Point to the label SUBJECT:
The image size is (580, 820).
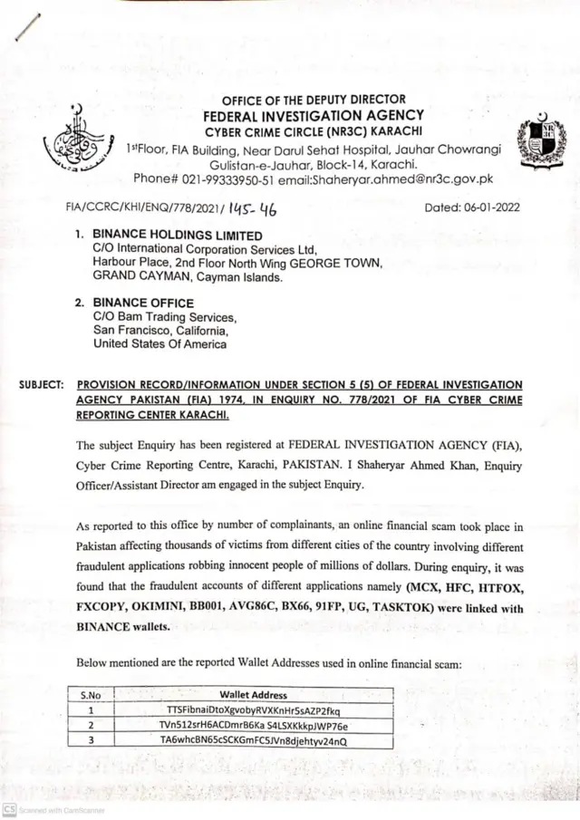pos(41,385)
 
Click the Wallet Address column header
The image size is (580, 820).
pos(253,695)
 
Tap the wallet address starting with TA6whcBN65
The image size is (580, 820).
pos(253,742)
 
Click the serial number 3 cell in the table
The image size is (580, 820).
pos(90,742)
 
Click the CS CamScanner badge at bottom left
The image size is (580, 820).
pos(9,808)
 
